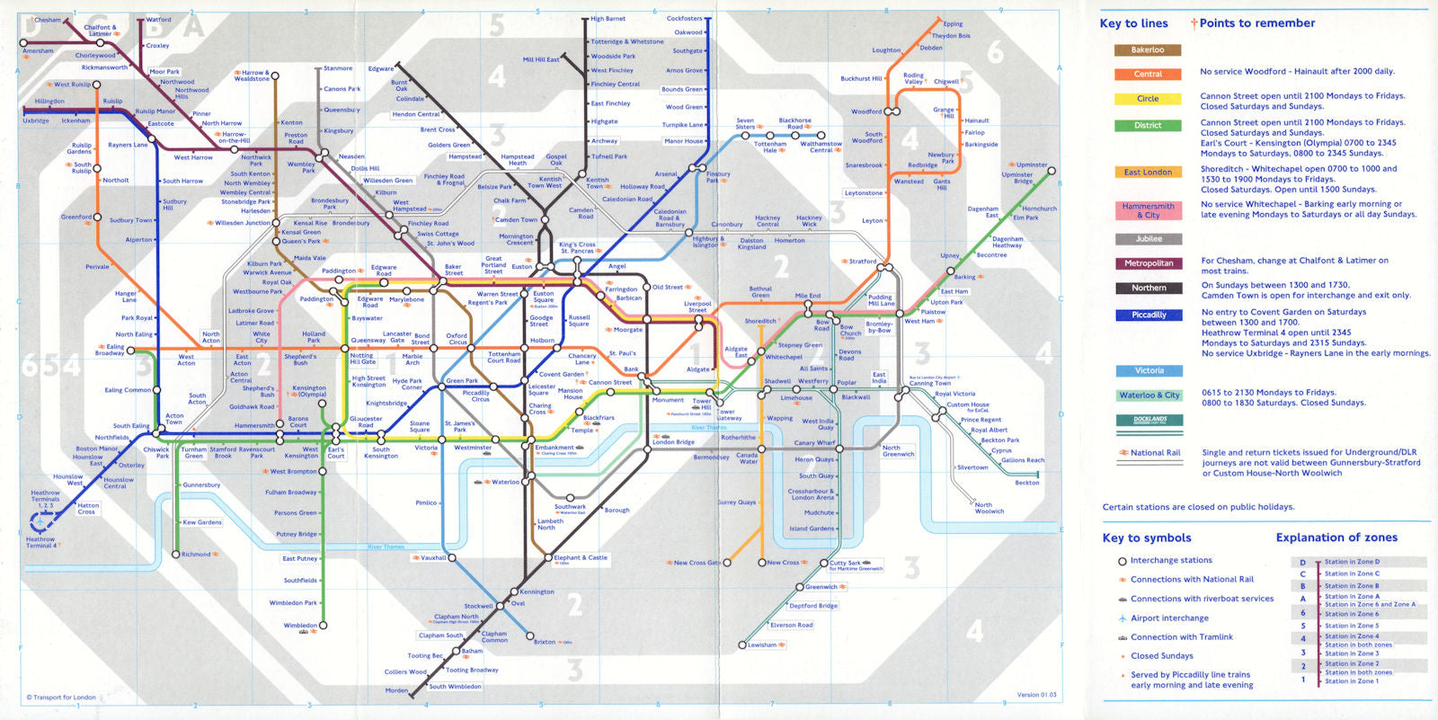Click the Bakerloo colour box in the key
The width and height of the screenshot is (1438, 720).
(1147, 50)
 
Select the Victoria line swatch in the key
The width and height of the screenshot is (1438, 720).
(1148, 370)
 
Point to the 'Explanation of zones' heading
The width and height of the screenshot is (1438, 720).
(1336, 538)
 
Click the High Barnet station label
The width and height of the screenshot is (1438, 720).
(608, 19)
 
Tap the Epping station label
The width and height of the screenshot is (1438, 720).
(953, 24)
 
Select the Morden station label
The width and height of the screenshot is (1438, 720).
(396, 690)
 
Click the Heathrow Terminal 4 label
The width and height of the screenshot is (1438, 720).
(40, 542)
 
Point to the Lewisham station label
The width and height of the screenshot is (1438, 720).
(762, 644)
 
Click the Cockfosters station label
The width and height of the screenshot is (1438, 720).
(684, 19)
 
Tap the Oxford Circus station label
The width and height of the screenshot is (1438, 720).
(457, 339)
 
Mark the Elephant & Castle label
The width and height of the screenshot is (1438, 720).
(581, 557)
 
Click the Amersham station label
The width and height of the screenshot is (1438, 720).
(38, 51)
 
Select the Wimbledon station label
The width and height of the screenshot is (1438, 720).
(300, 626)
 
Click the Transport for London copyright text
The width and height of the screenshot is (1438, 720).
(61, 698)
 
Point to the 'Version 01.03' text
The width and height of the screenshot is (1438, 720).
(1036, 695)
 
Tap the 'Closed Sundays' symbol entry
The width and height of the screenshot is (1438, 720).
(1161, 656)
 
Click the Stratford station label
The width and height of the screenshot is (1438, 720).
(862, 262)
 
